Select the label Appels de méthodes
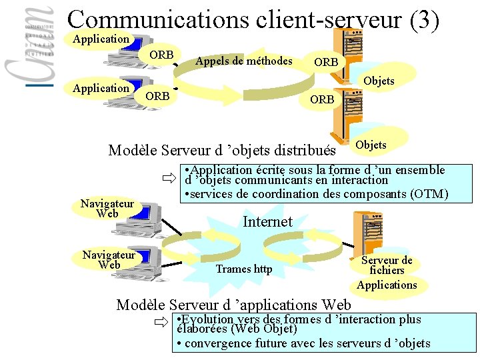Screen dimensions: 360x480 pos(243,61)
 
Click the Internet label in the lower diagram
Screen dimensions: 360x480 pos(267,221)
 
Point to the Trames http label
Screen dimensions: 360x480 pos(244,269)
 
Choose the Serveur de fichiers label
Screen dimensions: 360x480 pos(387,265)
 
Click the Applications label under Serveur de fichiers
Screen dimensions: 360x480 pos(387,285)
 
